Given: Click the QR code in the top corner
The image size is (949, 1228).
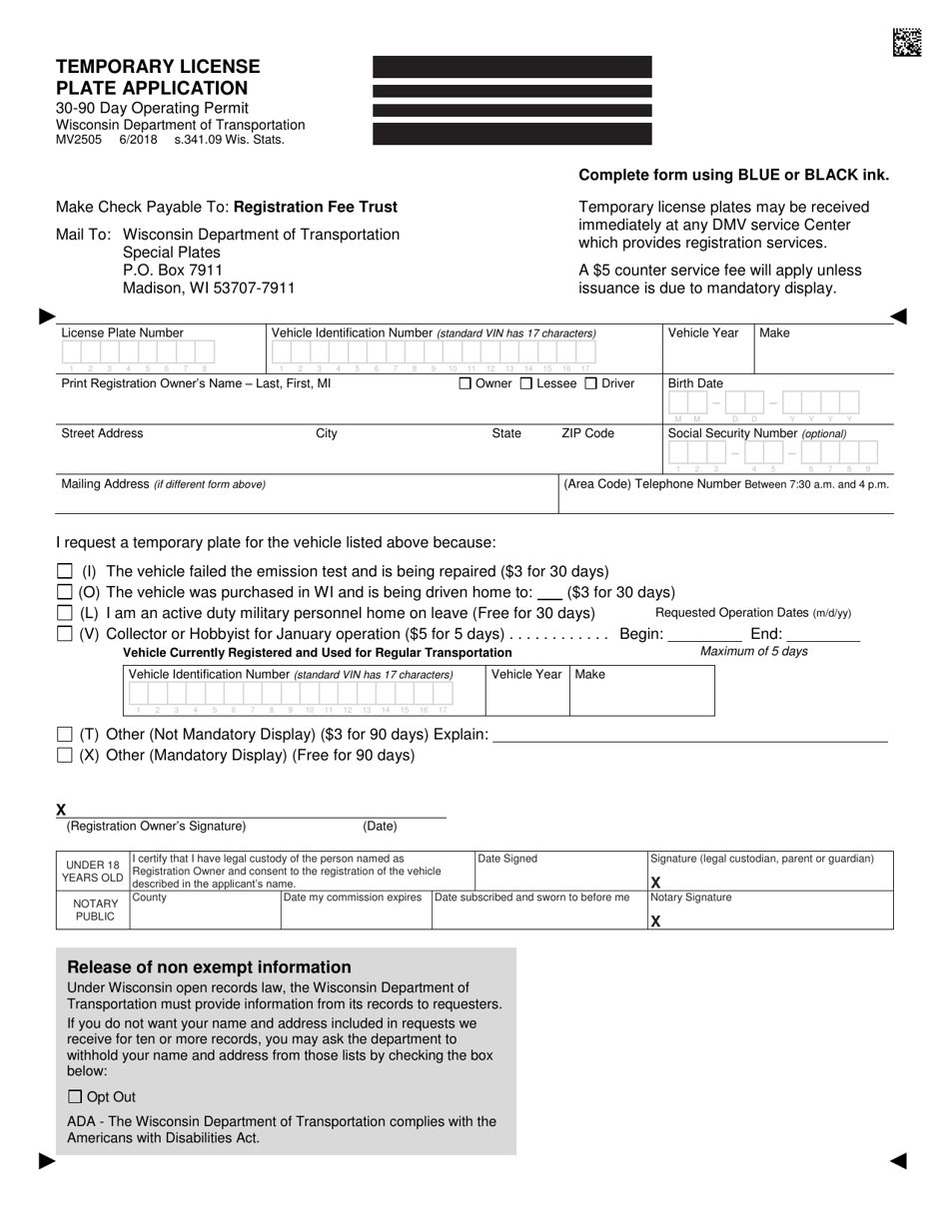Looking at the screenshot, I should pos(907,42).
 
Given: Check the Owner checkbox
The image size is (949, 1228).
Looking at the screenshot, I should pos(466,383).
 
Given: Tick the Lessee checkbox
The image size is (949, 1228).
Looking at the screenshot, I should pos(526,383).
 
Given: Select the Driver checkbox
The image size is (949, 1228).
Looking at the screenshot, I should pos(590,383).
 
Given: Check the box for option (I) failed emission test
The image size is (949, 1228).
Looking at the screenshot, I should pos(65,571).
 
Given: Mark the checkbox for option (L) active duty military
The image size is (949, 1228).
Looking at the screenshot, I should pos(65,613).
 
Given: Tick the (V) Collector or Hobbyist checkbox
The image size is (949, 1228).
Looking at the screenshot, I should pos(65,634).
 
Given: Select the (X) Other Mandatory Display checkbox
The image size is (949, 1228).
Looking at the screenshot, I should pos(65,756).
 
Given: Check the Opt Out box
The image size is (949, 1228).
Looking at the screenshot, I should pos(75,1097).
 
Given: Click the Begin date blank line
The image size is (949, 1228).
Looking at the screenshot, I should pos(704,637).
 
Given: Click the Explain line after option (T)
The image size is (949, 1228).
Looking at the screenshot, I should pos(690,739).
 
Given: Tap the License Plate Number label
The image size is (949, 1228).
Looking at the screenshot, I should pos(123,333).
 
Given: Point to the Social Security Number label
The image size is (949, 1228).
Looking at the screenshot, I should pos(757,433).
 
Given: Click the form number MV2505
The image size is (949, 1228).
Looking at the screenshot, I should pos(79,140).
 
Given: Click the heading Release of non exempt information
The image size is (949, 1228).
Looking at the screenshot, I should pos(209,967).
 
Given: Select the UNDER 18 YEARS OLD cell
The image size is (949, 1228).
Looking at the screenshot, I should pos(92,871).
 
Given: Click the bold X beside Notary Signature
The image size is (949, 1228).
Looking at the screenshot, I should pos(656,921).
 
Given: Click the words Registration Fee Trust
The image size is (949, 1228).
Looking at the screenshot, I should pos(315,208).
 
